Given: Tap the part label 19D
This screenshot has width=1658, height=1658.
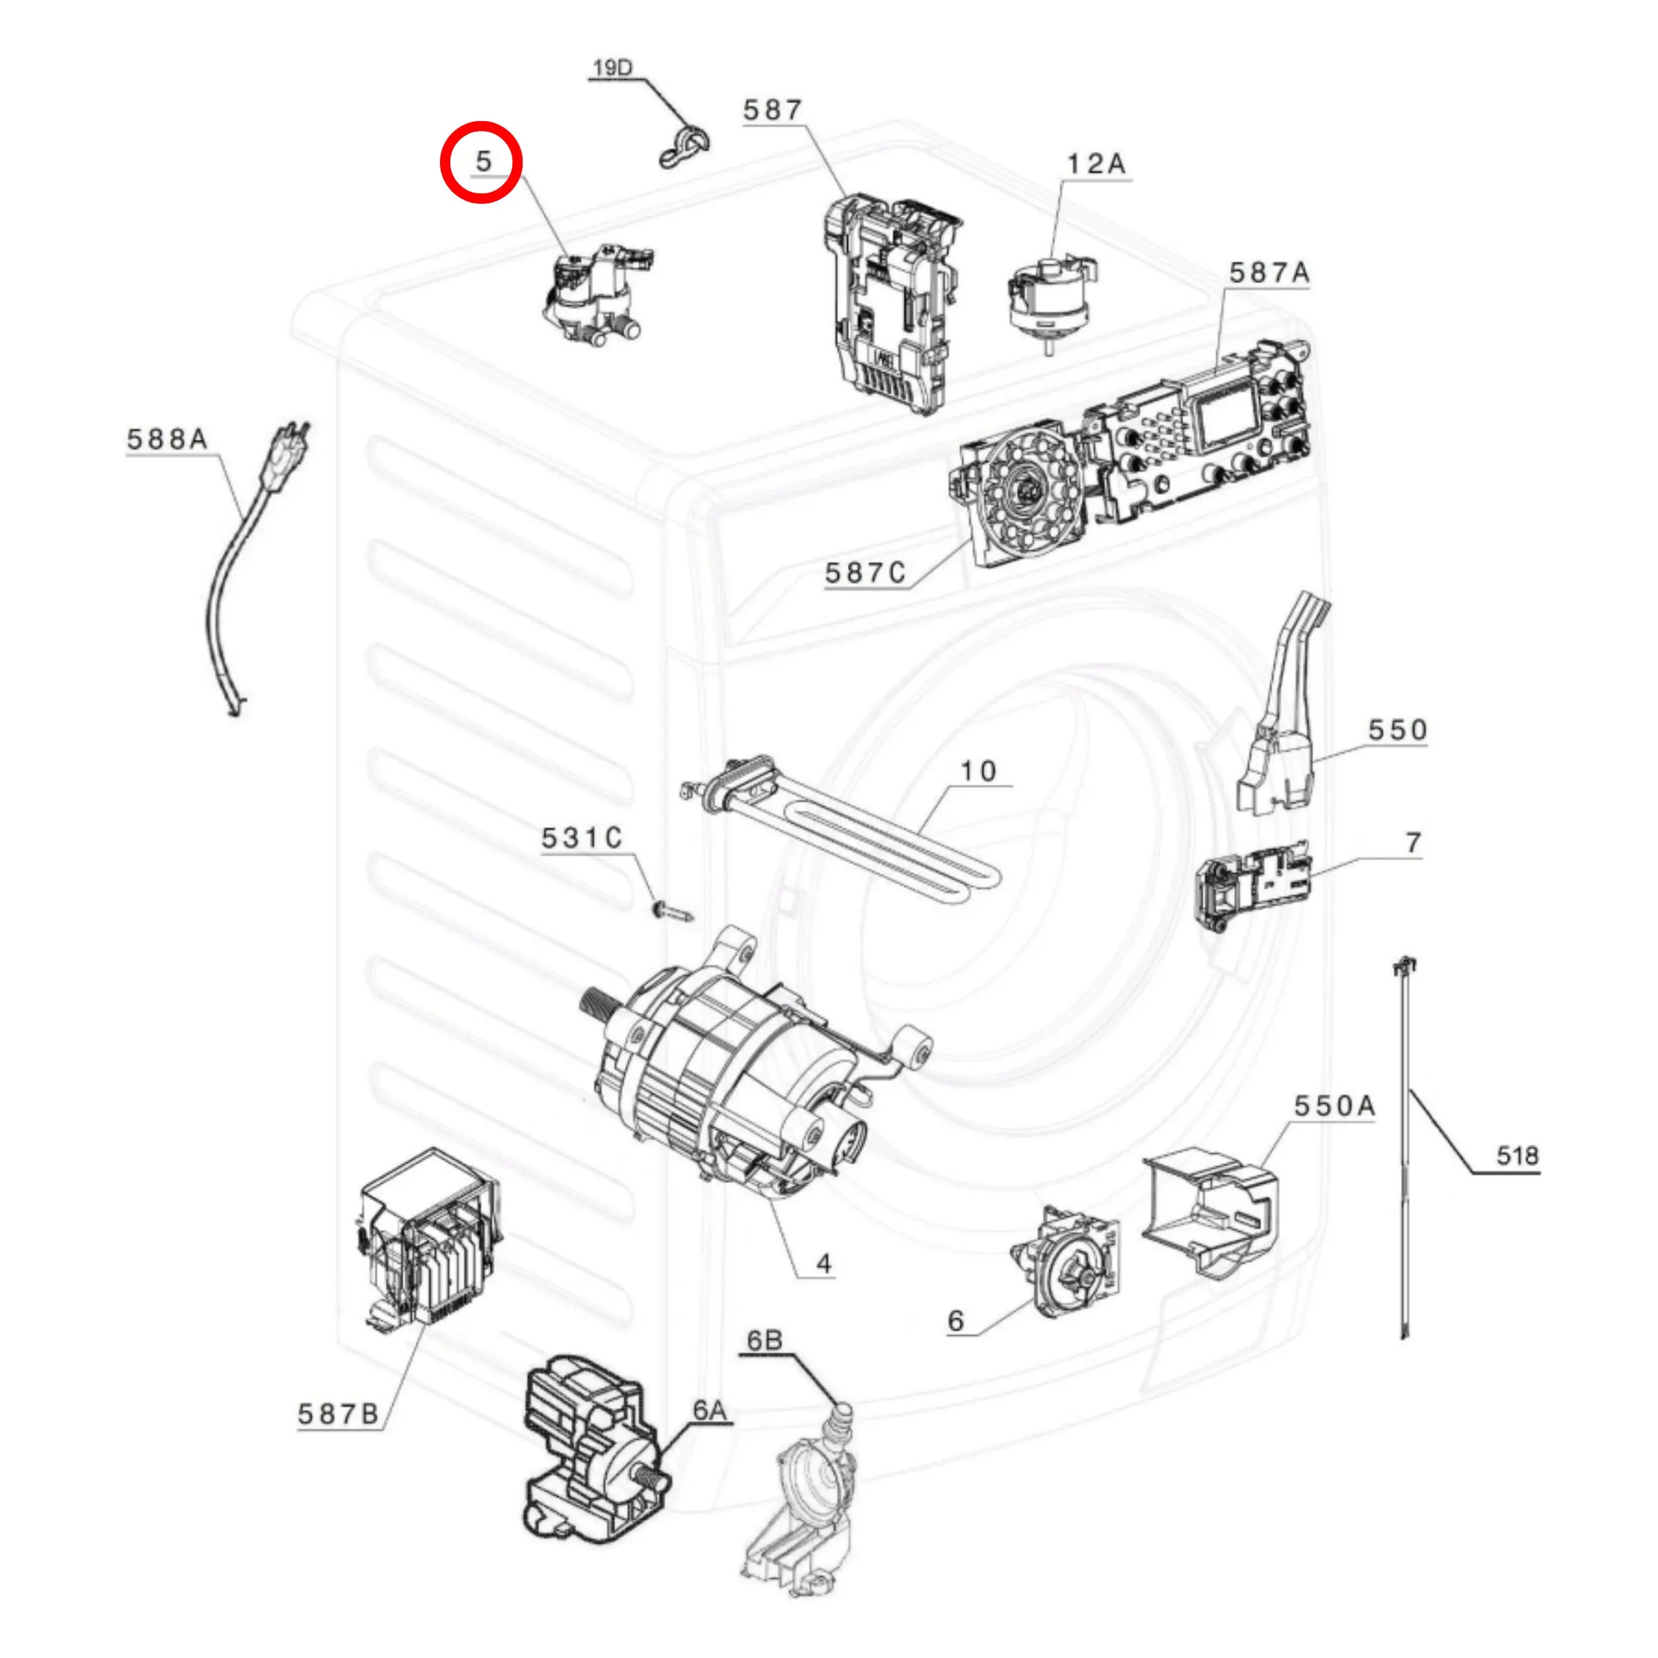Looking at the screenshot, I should tap(612, 67).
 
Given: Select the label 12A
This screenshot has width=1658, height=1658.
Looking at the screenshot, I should tap(1096, 164).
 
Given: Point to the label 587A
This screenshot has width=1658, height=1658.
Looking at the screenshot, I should tap(1269, 273).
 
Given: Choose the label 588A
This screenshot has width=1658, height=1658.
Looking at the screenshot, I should tap(167, 439).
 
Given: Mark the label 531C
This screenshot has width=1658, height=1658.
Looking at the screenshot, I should tap(582, 837).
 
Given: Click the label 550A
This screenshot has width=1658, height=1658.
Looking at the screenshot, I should tap(1334, 1106).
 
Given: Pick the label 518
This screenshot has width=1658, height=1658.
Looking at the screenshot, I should tap(1518, 1156).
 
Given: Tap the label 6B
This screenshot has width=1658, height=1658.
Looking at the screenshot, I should tap(765, 1341).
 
